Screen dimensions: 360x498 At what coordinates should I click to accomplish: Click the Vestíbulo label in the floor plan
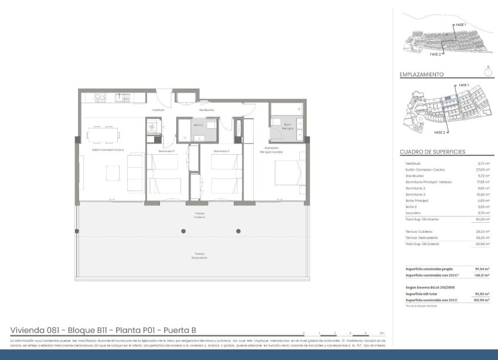pyautogui.click(x=158, y=110)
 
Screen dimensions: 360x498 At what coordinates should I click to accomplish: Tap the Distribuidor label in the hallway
pyautogui.click(x=206, y=110)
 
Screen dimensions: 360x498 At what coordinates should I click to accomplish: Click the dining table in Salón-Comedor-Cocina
pyautogui.click(x=104, y=135)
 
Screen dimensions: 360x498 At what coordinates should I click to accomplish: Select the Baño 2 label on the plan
pyautogui.click(x=198, y=124)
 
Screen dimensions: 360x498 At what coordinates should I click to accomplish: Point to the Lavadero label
pyautogui.click(x=154, y=133)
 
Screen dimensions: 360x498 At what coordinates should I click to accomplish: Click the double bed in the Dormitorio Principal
pyautogui.click(x=287, y=171)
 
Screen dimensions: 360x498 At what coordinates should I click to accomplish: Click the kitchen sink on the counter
pyautogui.click(x=119, y=97)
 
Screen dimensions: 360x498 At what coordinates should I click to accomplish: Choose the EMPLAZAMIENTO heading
pyautogui.click(x=421, y=75)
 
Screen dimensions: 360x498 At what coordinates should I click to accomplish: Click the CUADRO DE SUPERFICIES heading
pyautogui.click(x=432, y=152)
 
